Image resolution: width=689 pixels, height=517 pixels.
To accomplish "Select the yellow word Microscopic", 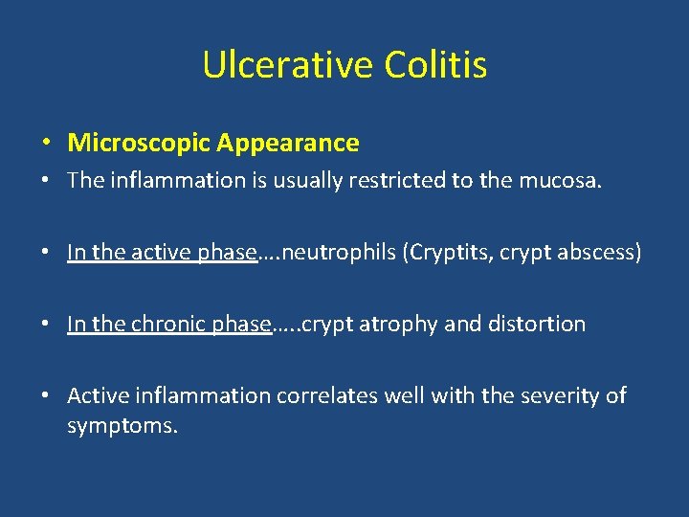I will pyautogui.click(x=139, y=144).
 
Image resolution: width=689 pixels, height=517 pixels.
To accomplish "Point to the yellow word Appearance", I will pyautogui.click(x=288, y=144).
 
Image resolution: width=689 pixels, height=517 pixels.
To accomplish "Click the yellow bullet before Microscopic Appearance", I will pyautogui.click(x=46, y=145).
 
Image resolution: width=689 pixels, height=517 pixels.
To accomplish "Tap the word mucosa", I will pyautogui.click(x=565, y=181).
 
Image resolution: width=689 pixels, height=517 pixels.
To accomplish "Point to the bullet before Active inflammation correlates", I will pyautogui.click(x=46, y=396).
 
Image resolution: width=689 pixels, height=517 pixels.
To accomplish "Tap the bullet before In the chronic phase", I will pyautogui.click(x=46, y=325).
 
